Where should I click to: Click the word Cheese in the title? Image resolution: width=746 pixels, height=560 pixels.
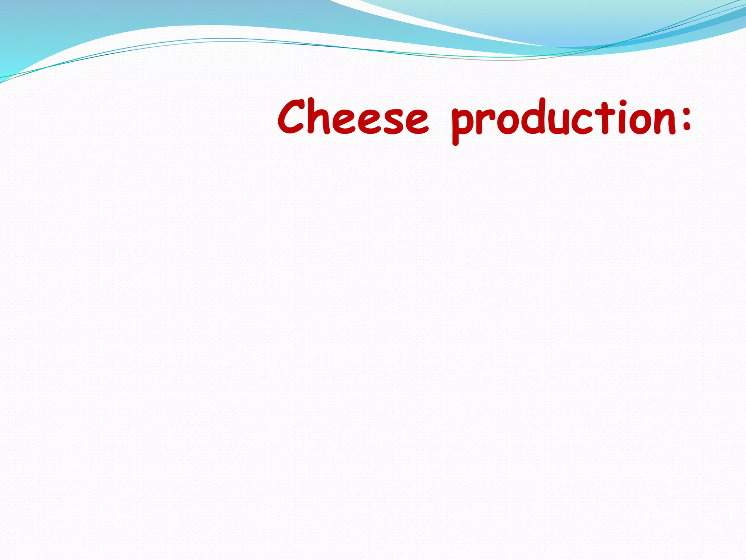[353, 117]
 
